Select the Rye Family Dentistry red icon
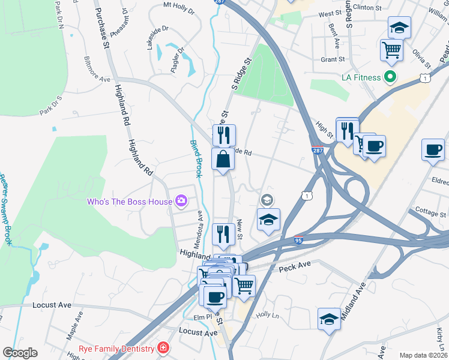[x=163, y=348]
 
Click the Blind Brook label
[x=196, y=158]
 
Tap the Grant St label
[x=333, y=59]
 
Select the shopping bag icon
[x=223, y=160]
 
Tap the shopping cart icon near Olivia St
[x=391, y=50]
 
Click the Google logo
[x=20, y=353]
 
